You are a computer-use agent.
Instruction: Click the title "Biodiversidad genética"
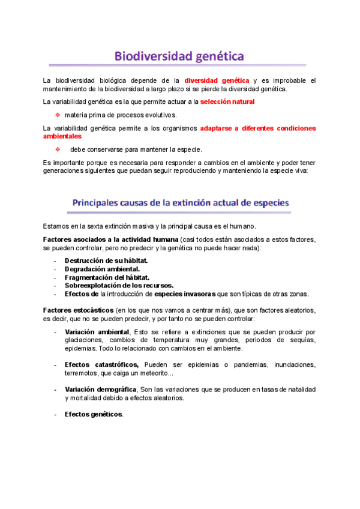point(179,56)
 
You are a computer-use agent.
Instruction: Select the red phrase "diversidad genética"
point(217,80)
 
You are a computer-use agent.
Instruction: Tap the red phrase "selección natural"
point(227,102)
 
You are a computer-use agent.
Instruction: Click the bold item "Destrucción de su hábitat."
point(106,261)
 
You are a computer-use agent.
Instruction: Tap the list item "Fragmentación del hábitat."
point(107,277)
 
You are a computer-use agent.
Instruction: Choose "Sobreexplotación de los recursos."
point(119,286)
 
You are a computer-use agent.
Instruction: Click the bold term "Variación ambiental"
point(97,332)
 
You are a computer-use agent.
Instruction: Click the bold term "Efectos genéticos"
point(93,414)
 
